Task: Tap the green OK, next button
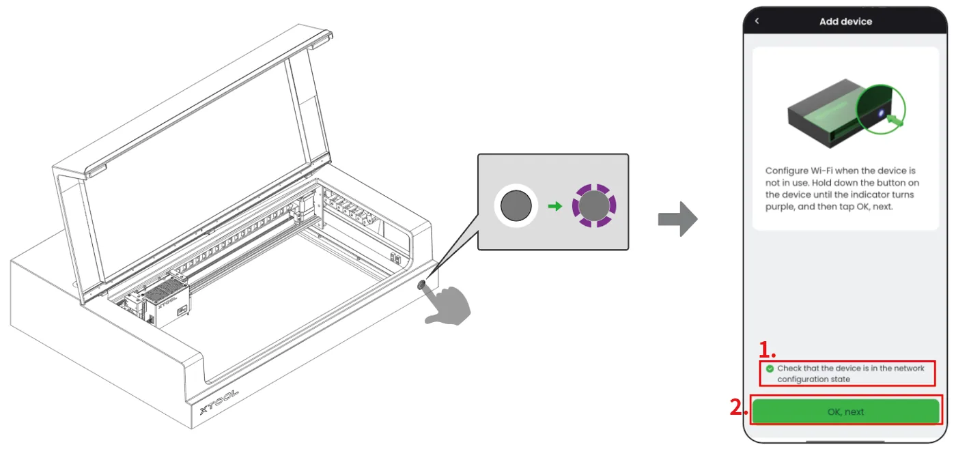[x=845, y=411]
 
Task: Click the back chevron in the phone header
[x=757, y=21]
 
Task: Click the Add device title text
[x=845, y=21]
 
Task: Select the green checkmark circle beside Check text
[x=770, y=368]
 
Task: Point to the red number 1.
[x=766, y=349]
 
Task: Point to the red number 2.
[x=739, y=407]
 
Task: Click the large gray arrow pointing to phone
[x=677, y=219]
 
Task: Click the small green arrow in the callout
[x=554, y=206]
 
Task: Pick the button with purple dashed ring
[x=594, y=205]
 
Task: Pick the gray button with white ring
[x=516, y=205]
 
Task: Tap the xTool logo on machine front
[x=219, y=402]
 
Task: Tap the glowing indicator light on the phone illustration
[x=881, y=113]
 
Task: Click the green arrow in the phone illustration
[x=895, y=119]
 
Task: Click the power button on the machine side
[x=421, y=285]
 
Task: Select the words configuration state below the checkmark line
[x=813, y=379]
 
